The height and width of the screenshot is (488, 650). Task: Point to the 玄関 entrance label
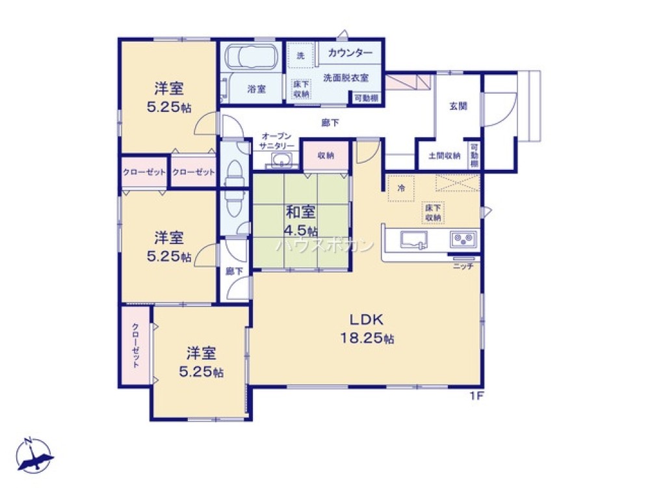click(458, 105)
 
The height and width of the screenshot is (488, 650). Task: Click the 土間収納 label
click(445, 156)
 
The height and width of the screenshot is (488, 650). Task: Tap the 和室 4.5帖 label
click(300, 221)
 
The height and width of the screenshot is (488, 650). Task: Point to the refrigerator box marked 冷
click(401, 189)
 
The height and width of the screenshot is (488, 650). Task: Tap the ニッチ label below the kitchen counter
click(463, 265)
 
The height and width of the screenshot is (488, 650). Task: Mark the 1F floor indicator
click(478, 395)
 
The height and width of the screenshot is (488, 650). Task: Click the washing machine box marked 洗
click(300, 56)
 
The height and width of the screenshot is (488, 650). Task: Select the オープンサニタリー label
click(278, 141)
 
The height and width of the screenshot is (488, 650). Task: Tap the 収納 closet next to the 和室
click(326, 156)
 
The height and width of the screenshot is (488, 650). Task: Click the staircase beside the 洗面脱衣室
click(408, 83)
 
